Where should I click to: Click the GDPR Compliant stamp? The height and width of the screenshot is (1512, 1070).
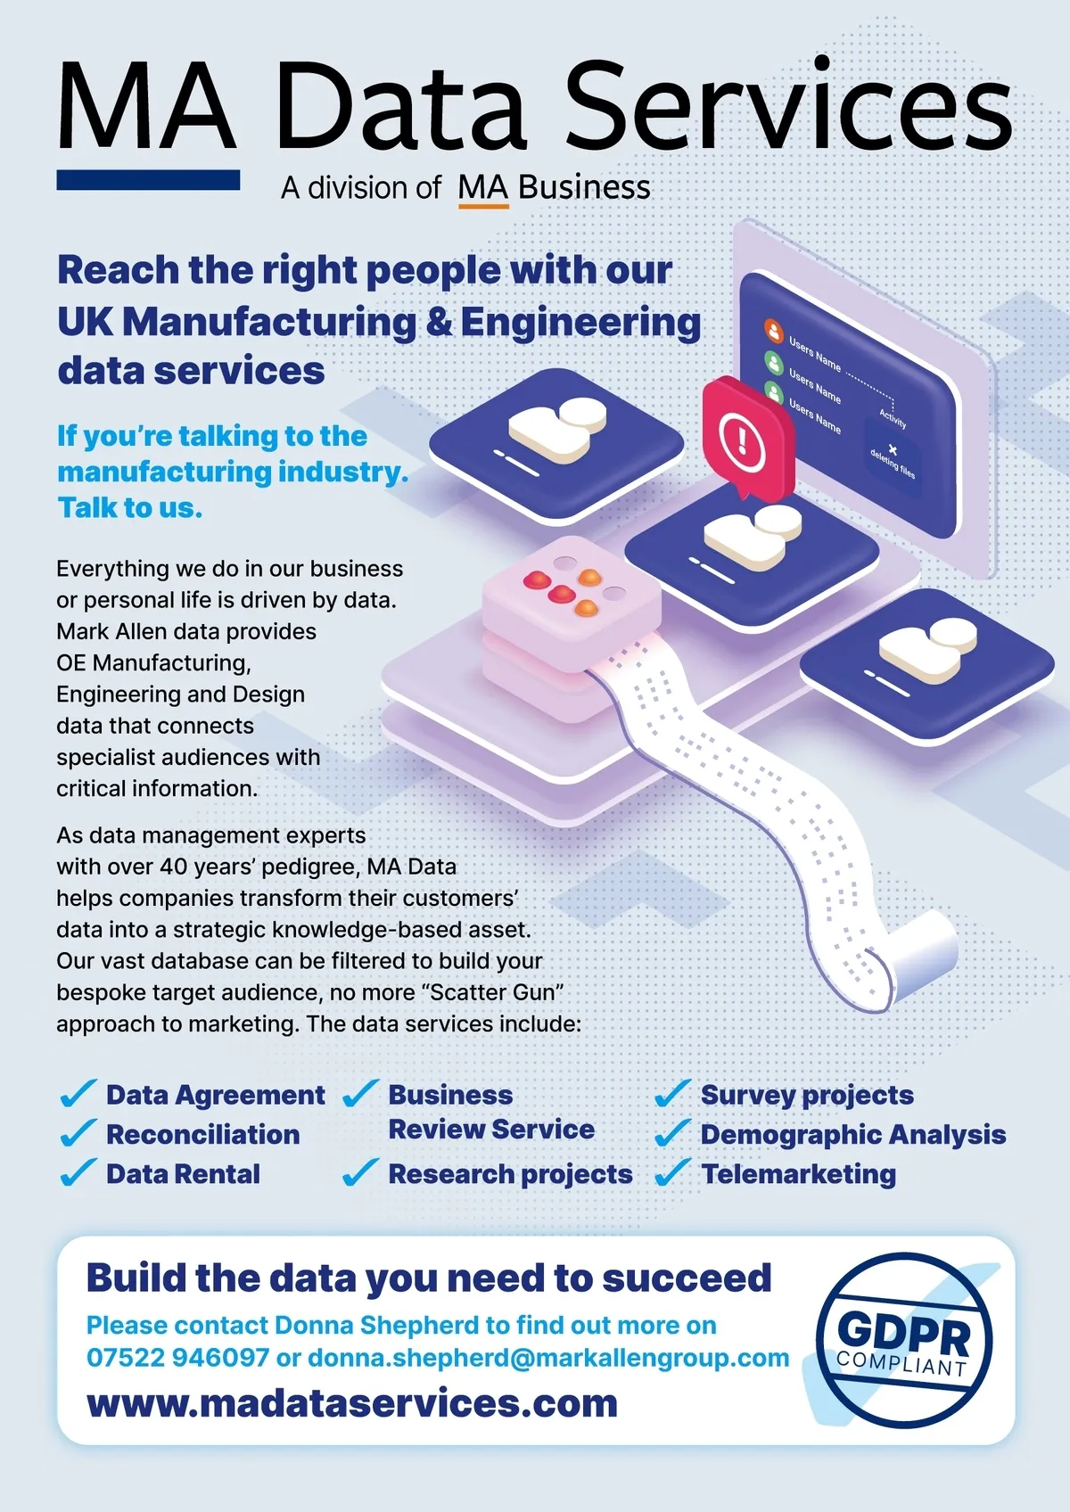click(x=903, y=1339)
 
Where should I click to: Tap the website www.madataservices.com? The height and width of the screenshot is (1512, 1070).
click(x=352, y=1403)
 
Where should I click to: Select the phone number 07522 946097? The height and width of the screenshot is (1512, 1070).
click(x=177, y=1358)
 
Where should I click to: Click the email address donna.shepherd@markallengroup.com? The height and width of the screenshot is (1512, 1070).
click(x=548, y=1358)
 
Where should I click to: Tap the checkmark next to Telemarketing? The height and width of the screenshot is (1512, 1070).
click(x=673, y=1173)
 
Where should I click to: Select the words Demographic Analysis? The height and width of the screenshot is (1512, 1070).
click(x=852, y=1134)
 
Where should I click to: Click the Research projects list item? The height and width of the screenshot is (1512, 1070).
click(x=510, y=1174)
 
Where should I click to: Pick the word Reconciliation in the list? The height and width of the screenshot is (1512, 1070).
click(x=202, y=1134)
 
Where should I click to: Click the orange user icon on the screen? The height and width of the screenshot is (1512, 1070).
click(x=773, y=331)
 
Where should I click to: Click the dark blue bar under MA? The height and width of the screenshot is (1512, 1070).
click(x=148, y=180)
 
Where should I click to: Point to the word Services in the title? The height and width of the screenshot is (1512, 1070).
click(x=788, y=107)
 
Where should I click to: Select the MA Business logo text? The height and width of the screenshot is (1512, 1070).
click(x=554, y=188)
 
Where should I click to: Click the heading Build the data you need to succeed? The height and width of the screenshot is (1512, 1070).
click(x=428, y=1278)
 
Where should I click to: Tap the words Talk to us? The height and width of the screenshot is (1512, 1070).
click(x=130, y=507)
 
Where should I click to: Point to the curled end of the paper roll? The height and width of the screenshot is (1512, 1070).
click(x=923, y=958)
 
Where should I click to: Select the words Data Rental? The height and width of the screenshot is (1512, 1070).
click(x=183, y=1174)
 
